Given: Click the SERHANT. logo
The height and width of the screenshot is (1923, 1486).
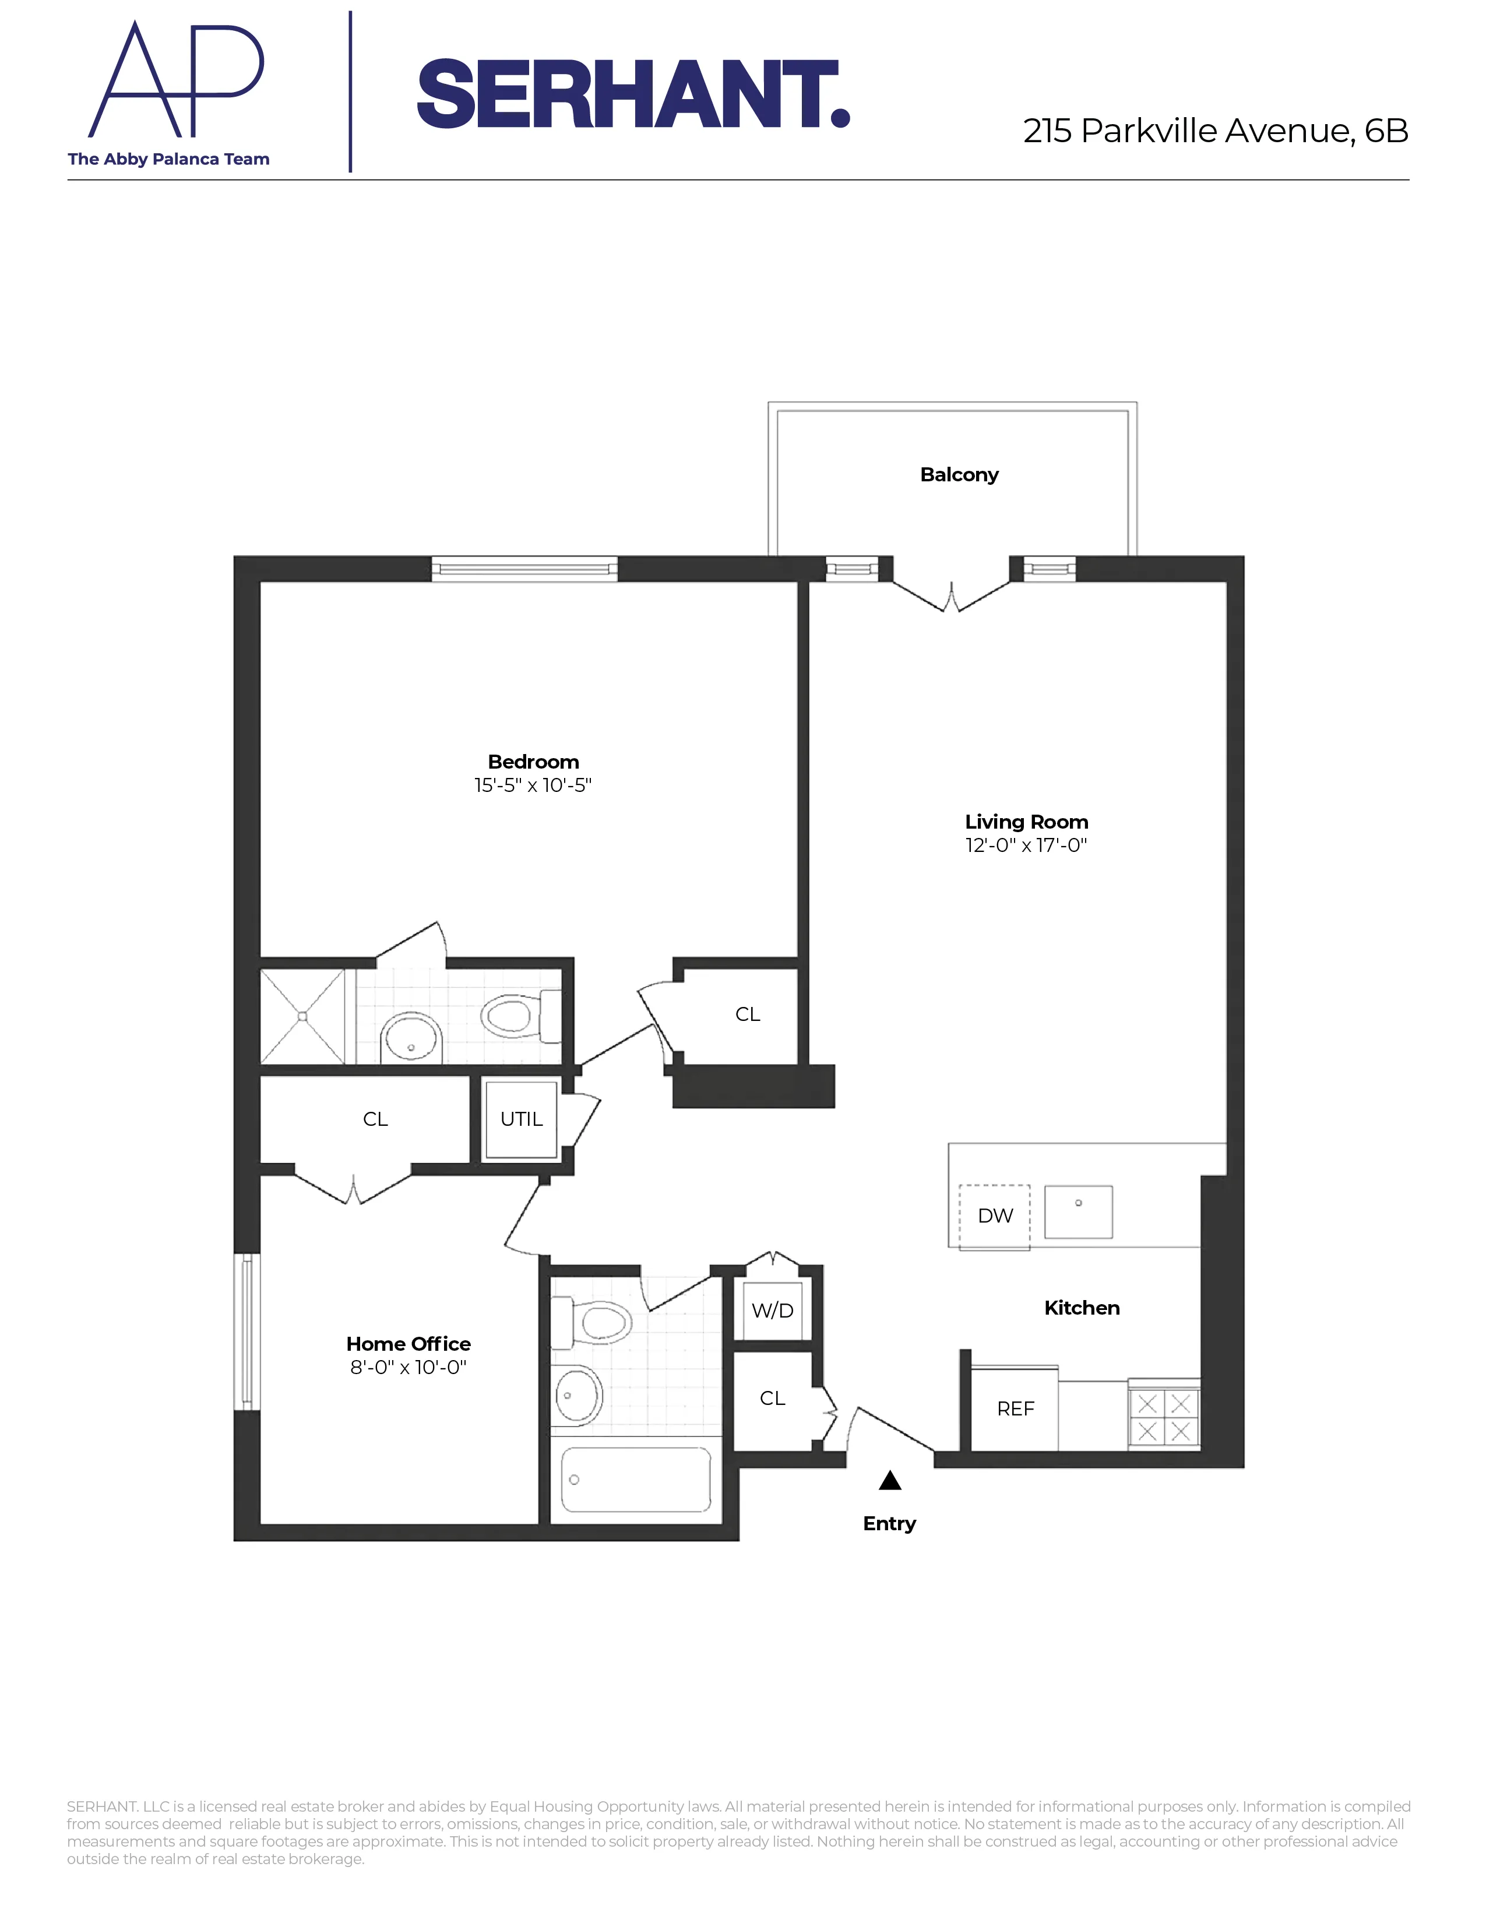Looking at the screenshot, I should click(632, 94).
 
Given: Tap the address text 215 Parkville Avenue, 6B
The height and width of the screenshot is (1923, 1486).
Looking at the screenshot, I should click(1215, 131).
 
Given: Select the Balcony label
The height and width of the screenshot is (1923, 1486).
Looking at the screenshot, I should click(959, 474).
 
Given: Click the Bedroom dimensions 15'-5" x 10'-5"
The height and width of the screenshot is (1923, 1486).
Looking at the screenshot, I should click(533, 786).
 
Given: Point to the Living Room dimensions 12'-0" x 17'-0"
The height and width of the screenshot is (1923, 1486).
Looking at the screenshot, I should click(1026, 846).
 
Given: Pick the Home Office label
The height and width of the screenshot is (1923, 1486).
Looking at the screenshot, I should click(407, 1344).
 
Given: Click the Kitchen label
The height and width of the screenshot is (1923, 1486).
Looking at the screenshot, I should click(1081, 1308).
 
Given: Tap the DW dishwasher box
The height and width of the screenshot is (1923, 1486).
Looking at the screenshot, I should click(994, 1216).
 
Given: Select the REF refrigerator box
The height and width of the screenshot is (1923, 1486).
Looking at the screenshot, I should click(1015, 1409).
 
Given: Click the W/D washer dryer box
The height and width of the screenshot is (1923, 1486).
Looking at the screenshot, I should click(772, 1310).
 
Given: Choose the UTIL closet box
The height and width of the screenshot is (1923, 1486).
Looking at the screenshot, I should click(521, 1119).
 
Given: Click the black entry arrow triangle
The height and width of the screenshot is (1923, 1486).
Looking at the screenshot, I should click(890, 1480).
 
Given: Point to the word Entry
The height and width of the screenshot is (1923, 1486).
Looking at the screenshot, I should click(889, 1523).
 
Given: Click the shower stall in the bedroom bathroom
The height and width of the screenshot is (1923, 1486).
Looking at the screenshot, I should click(302, 1016).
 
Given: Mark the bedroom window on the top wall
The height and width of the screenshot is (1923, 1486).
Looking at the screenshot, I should click(524, 569).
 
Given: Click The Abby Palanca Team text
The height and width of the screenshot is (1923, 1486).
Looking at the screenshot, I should click(168, 159).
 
